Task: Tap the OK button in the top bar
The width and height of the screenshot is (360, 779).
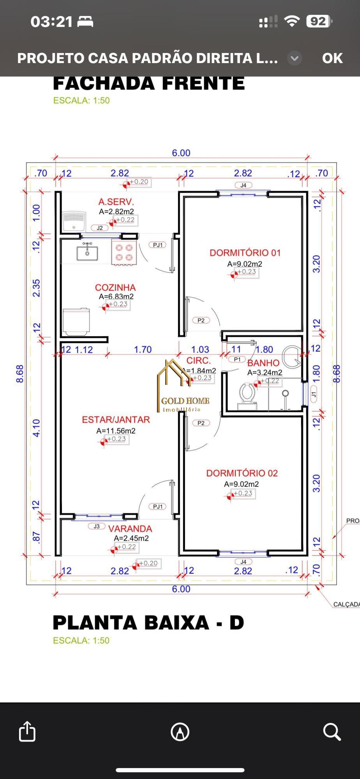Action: (332, 58)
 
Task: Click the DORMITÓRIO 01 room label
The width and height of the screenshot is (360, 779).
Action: (245, 253)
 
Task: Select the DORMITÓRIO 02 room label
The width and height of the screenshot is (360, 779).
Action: (242, 473)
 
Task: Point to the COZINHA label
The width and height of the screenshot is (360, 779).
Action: (115, 287)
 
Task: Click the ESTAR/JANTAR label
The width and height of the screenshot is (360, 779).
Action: (116, 419)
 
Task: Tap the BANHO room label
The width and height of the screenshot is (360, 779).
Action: (263, 363)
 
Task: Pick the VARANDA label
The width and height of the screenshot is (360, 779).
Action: (130, 529)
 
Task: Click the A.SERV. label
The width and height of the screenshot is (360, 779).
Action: (116, 202)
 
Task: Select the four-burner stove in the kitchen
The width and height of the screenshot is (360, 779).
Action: (124, 252)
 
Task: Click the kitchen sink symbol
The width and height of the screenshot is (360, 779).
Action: (87, 252)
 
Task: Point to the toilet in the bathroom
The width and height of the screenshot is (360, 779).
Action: (247, 394)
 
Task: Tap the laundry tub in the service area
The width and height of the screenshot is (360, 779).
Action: (74, 221)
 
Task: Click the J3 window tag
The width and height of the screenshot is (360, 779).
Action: (97, 526)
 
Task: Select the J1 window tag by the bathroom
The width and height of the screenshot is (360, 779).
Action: (314, 394)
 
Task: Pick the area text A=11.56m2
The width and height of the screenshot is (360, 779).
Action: (116, 431)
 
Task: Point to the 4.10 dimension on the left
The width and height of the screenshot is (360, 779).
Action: (36, 428)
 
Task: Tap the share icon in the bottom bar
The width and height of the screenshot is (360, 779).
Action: (27, 731)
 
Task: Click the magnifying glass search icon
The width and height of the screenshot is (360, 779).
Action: (332, 731)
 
